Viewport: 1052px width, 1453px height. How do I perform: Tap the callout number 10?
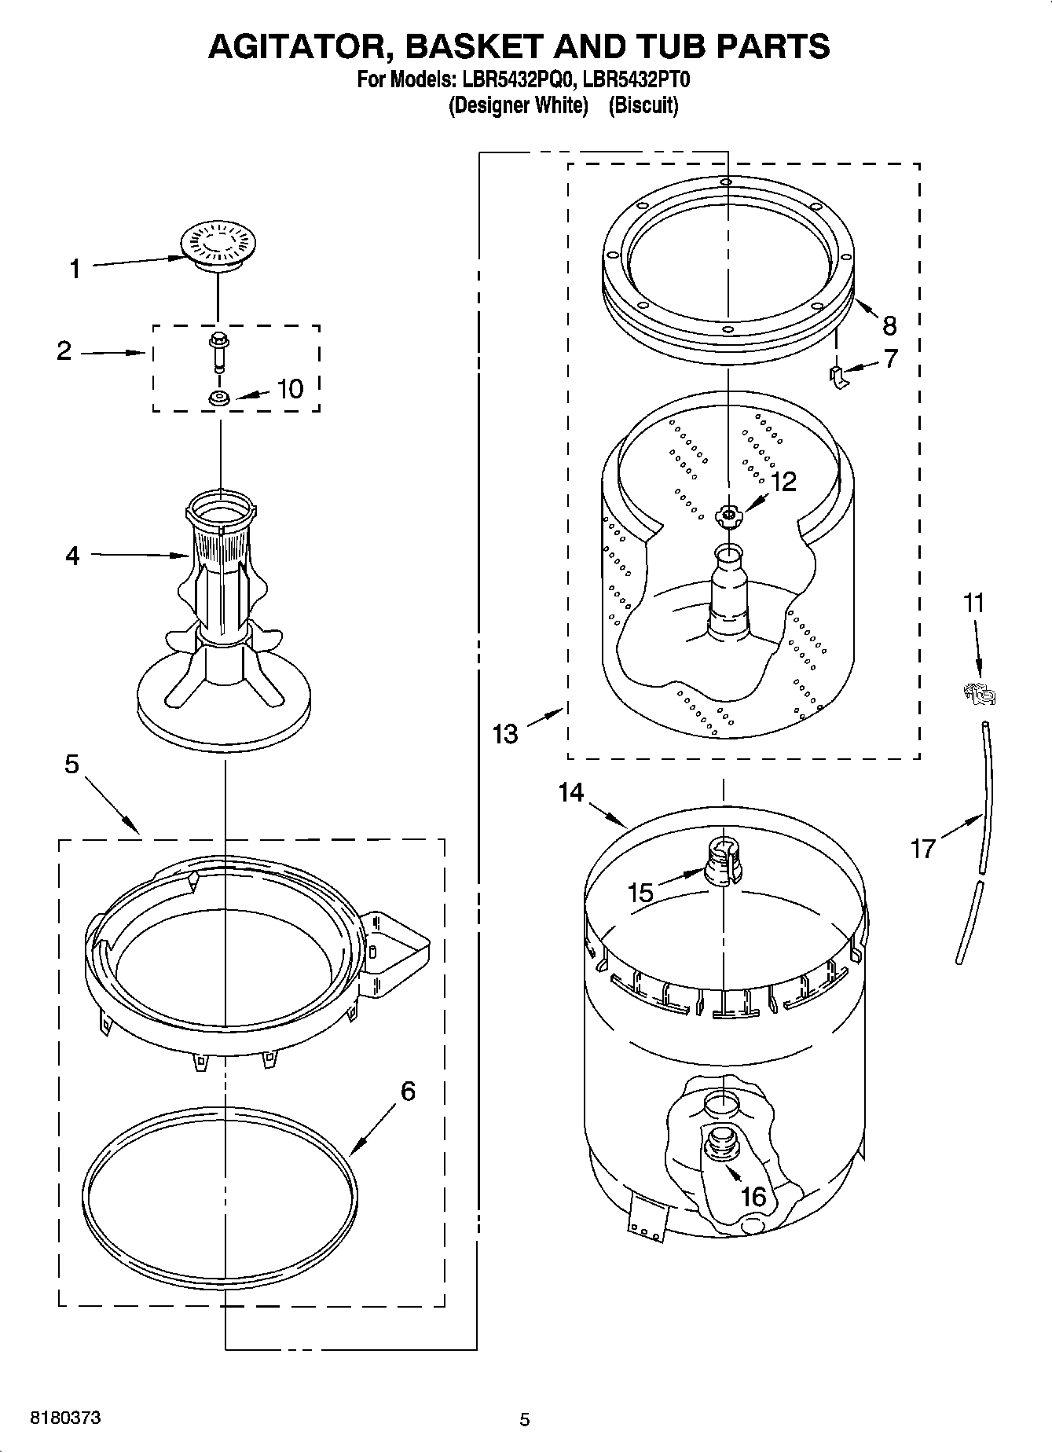(290, 388)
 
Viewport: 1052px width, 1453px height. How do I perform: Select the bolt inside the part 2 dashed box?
(218, 349)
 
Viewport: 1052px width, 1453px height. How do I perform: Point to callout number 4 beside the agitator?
(72, 556)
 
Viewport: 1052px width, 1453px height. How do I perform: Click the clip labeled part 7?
(840, 376)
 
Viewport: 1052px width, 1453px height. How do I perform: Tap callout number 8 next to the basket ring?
(889, 325)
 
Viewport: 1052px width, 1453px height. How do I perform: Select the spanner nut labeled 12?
(728, 516)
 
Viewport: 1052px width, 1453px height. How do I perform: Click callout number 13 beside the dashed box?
(505, 734)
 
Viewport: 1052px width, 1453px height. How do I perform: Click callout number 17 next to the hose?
(922, 848)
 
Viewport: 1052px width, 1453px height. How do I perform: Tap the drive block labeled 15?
(723, 863)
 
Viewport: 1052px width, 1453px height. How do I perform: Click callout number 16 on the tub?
(753, 1196)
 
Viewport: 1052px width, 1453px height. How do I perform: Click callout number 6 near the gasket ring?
(408, 1091)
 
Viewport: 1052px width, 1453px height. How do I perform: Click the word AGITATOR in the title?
(297, 46)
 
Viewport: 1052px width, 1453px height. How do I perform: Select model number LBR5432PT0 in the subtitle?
(638, 79)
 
